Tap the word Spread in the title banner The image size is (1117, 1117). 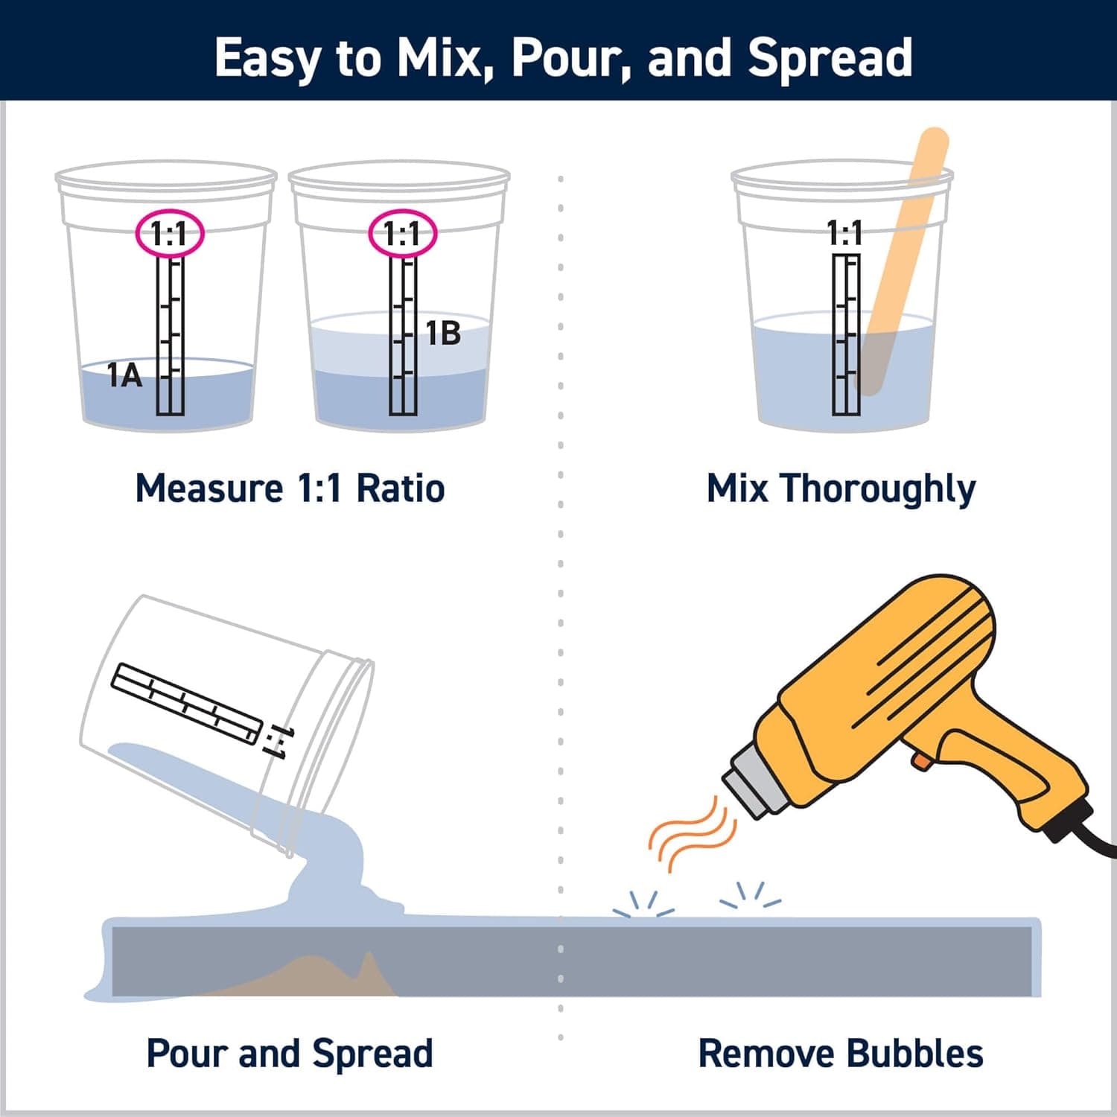(x=830, y=58)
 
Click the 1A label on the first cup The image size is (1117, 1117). (x=124, y=375)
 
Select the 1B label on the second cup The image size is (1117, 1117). (x=443, y=334)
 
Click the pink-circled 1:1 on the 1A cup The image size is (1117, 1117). (x=169, y=234)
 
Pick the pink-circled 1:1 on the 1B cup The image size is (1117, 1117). (x=402, y=234)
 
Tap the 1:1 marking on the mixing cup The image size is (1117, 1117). (x=845, y=233)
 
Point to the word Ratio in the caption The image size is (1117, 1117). (x=400, y=489)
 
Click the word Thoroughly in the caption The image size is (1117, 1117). (x=878, y=490)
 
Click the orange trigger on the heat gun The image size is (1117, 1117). (x=921, y=760)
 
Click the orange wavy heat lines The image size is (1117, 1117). (x=689, y=834)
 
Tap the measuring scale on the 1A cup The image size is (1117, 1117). (x=170, y=335)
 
